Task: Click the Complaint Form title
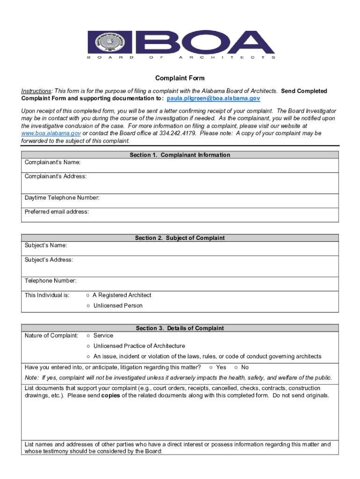(180, 78)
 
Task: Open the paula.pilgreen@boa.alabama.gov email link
(213, 99)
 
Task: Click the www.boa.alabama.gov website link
(48, 133)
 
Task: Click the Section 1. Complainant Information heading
(180, 155)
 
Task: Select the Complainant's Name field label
(52, 162)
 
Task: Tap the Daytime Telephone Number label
(62, 198)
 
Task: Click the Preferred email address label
(57, 212)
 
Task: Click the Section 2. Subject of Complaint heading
(180, 238)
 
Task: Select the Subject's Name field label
(46, 246)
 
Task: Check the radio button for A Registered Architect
(88, 296)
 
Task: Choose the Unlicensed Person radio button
(88, 306)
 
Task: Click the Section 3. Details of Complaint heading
(180, 328)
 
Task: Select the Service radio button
(88, 336)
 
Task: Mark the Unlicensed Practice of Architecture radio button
(88, 346)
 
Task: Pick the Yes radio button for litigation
(211, 368)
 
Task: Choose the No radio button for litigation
(236, 368)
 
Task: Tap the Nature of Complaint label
(51, 336)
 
